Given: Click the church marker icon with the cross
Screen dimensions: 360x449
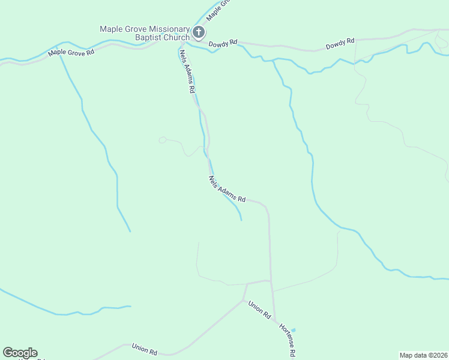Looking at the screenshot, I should (x=199, y=32).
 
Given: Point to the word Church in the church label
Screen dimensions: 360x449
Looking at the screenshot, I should (x=176, y=38).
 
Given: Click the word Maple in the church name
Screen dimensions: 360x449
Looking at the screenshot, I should (x=111, y=29).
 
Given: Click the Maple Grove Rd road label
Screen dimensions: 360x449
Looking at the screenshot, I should (x=71, y=52).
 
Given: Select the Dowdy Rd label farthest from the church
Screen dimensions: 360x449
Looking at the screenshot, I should (x=340, y=43).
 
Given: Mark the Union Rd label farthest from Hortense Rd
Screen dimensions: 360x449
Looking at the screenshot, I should (x=144, y=348).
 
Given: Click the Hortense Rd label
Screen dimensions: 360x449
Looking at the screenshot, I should (x=289, y=340).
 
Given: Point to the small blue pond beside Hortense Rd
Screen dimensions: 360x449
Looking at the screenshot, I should (x=294, y=329).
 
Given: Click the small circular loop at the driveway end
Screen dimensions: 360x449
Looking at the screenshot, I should (x=162, y=140).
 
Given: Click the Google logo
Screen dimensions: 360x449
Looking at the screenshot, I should (x=20, y=353).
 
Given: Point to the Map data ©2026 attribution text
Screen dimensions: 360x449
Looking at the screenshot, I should (x=424, y=355).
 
